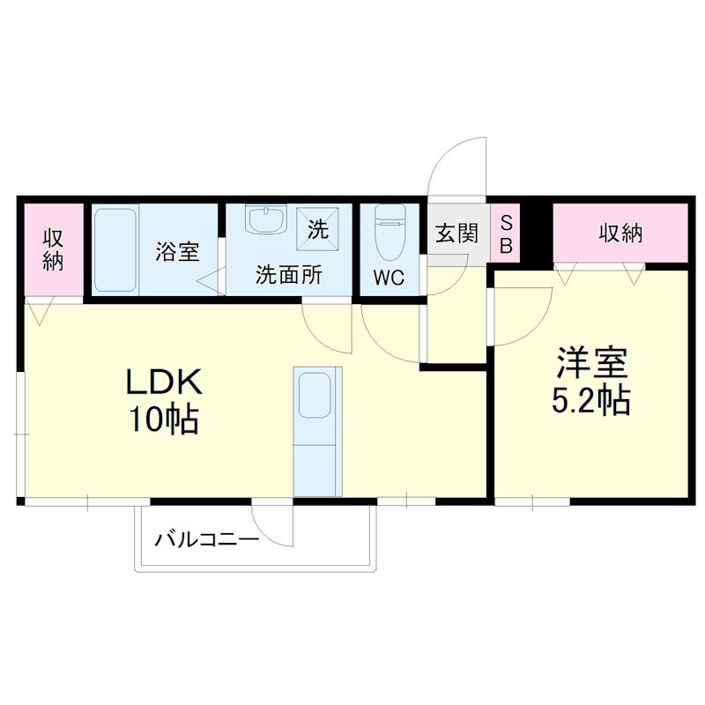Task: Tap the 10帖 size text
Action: click(165, 419)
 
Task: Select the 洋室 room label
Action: click(590, 363)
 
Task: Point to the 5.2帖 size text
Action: click(590, 401)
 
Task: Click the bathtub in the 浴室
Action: click(115, 250)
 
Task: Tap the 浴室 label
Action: click(177, 251)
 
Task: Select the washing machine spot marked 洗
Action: click(317, 228)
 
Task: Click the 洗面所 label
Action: click(288, 275)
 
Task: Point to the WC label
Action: click(388, 278)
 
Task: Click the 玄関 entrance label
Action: click(456, 234)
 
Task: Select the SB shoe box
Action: click(507, 234)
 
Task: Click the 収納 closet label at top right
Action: click(620, 234)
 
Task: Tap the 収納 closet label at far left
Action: click(54, 250)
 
